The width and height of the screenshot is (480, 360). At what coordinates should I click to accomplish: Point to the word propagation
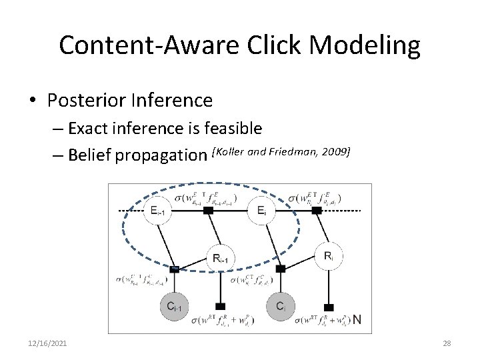(161, 156)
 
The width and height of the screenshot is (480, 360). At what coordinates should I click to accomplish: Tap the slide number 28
(447, 343)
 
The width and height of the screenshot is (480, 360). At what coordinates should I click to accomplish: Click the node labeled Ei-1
(157, 211)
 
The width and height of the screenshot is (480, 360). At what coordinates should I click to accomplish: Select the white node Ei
(261, 211)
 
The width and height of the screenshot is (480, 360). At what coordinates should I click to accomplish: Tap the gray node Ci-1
(173, 307)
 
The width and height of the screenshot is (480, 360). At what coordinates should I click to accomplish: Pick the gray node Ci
(280, 306)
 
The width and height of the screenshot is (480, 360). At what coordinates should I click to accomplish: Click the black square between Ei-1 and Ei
(208, 211)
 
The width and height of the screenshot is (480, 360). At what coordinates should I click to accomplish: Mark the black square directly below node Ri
(327, 306)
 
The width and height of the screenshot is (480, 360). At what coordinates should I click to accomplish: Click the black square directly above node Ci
(281, 269)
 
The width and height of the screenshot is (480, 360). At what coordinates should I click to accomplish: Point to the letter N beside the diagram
(357, 319)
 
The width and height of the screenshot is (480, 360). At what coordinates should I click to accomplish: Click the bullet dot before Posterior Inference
(32, 101)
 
